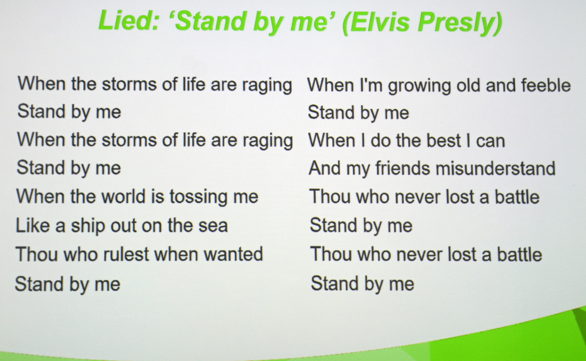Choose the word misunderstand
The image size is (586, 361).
coord(496,168)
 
